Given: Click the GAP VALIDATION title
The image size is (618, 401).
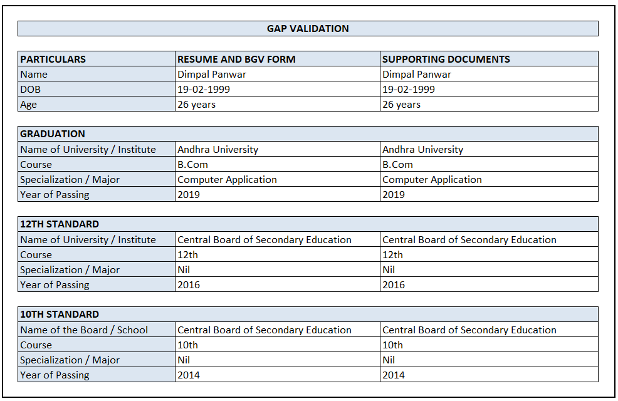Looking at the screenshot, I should pos(308,29).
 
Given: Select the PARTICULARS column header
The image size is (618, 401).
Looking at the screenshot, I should pos(53,60).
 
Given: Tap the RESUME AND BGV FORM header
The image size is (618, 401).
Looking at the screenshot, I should pos(236,60).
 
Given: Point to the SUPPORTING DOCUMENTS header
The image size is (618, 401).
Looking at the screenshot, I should pos(446,60).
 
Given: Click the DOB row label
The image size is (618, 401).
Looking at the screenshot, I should pos(30,90).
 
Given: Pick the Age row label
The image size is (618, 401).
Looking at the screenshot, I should pos(28,105).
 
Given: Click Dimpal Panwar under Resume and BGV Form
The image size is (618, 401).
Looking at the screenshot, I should pos(212,75).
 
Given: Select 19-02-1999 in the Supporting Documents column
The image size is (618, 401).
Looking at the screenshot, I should pos(408,90).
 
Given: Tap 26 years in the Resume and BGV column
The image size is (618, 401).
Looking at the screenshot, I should pos(196,105).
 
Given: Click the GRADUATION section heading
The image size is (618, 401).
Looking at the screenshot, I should pos(53,134).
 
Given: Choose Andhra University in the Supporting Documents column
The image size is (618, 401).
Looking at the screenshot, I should pos(422,150).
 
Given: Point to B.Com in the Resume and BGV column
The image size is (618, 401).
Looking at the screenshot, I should pos(192,165).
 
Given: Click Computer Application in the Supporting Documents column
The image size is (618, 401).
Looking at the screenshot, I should pos(432,180).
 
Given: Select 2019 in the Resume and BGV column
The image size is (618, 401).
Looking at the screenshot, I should pos(189,195).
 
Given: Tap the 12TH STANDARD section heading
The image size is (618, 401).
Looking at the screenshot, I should pos(60,224).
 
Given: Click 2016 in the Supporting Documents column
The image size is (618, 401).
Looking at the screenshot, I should pos(394,285).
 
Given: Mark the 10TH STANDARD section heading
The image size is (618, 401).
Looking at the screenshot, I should pos(60,315).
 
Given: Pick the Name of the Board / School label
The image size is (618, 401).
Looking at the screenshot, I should pos(84,330).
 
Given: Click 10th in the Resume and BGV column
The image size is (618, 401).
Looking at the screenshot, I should pos(187,345).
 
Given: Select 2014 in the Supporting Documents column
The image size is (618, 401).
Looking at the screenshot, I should pos(394,375).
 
